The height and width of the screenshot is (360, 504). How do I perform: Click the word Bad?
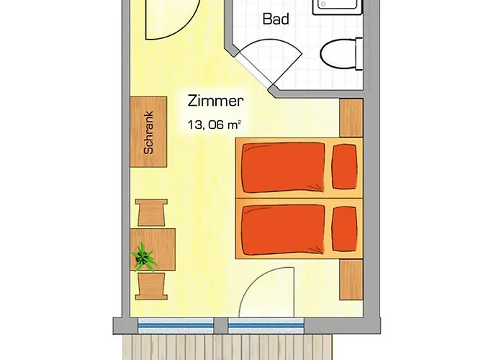276,19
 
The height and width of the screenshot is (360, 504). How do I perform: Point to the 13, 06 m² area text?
213,125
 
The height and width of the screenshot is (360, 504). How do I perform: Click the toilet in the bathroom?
337,54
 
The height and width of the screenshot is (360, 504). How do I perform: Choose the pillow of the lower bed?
345,229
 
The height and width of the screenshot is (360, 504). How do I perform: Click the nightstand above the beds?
350,117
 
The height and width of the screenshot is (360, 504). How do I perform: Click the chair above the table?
153,213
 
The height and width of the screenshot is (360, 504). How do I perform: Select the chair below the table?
153,287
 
